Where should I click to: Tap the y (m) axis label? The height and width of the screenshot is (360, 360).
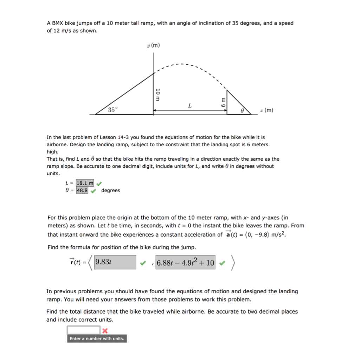click(x=153, y=45)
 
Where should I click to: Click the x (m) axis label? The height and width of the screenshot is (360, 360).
click(x=266, y=110)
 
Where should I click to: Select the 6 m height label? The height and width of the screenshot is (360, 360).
click(x=222, y=102)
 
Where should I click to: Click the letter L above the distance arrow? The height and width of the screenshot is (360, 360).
click(x=189, y=105)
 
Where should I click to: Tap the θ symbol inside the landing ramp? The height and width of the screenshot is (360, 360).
click(x=242, y=110)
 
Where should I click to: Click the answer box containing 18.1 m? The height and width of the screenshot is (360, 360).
click(x=85, y=183)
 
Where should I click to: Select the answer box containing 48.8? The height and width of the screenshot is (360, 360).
click(x=82, y=191)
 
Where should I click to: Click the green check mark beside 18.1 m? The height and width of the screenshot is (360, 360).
click(x=99, y=183)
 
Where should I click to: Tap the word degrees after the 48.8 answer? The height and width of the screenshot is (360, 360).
click(x=110, y=191)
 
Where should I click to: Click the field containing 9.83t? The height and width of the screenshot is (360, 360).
click(x=115, y=262)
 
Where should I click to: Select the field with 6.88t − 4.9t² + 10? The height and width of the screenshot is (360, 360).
click(x=185, y=262)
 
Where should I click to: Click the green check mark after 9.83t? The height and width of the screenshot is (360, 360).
click(x=142, y=263)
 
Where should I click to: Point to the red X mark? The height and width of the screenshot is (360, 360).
click(x=105, y=330)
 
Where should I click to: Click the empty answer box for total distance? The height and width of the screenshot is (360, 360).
click(x=84, y=330)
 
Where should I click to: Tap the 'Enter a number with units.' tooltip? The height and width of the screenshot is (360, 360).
click(x=97, y=339)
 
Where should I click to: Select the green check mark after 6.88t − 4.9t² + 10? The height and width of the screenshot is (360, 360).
click(x=222, y=263)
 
